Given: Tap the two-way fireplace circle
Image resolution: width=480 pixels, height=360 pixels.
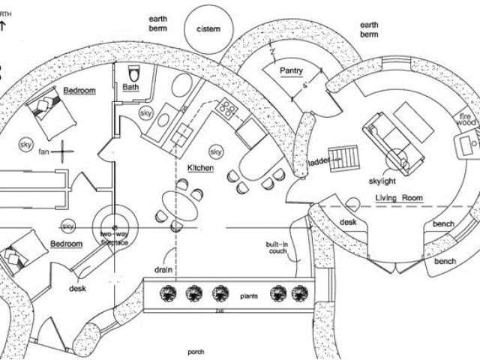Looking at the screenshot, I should tap(114, 225).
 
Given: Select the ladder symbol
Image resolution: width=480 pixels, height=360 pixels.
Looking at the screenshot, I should tap(348, 157).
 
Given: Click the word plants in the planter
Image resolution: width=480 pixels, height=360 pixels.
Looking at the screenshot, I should tap(250, 296).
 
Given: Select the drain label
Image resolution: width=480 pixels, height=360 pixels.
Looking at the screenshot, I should tap(165, 268).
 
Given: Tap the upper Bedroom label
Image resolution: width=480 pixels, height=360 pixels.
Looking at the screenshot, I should tap(79, 91).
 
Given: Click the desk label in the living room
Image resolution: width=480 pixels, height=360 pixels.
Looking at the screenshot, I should tap(347, 222).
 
